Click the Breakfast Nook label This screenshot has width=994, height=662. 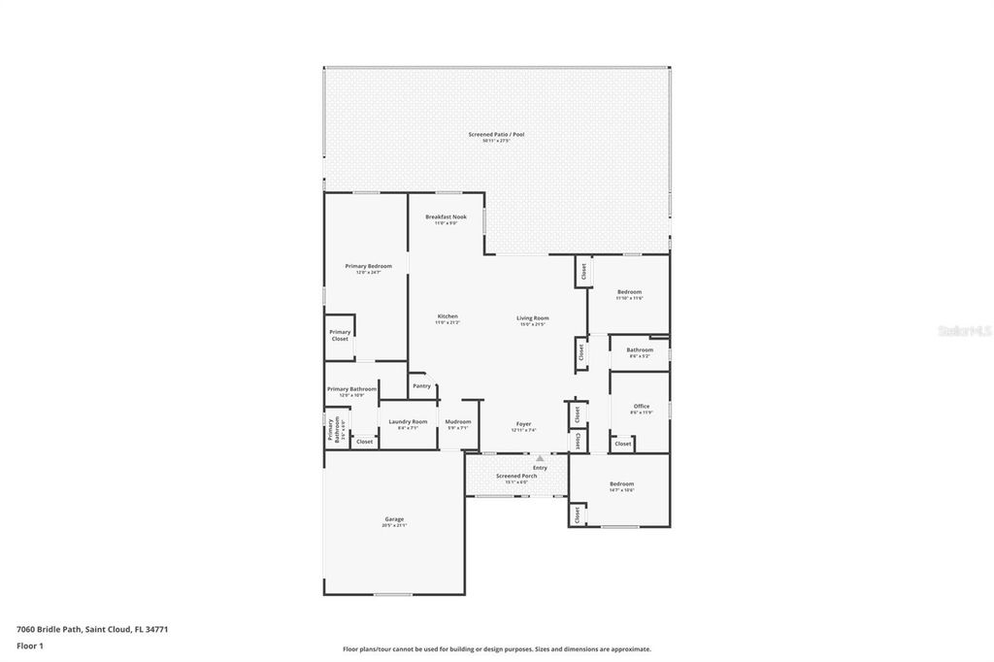pos(446,216)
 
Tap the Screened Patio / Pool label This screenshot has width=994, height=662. pos(496,135)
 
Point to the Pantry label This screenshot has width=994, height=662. pos(421,385)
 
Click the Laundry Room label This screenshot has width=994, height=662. pos(408,421)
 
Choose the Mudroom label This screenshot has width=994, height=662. pos(458,421)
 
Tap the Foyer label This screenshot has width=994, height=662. pos(523,424)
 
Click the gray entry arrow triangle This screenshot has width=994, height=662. pos(540,458)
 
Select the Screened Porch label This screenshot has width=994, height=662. pos(516,476)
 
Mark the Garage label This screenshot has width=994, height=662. pos(394,519)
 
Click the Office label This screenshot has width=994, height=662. pos(642,407)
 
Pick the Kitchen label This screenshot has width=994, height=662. pos(447,316)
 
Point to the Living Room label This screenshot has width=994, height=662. pos(533,318)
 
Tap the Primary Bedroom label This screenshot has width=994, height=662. pos(369,266)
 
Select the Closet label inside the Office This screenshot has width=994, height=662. pos(623,444)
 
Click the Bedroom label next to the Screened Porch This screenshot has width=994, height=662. pos(621,483)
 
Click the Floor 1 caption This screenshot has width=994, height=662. pos(30,645)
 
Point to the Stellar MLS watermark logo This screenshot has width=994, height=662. pos(964,331)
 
